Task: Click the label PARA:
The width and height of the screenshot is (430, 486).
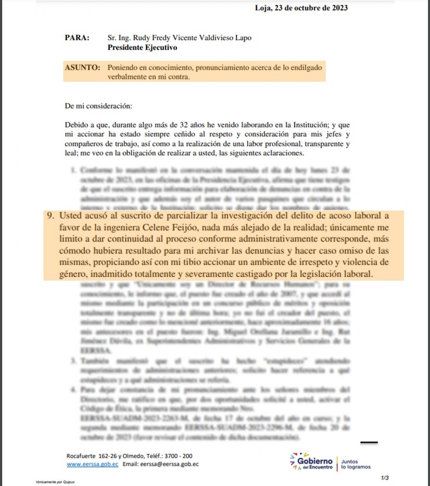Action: tap(77, 38)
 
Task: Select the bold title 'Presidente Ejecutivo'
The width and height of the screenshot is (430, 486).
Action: tap(142, 47)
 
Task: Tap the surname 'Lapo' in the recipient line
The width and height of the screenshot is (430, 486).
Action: tap(242, 38)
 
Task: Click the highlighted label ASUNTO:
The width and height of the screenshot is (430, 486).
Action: tap(82, 68)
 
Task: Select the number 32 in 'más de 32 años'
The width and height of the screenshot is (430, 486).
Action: tap(168, 125)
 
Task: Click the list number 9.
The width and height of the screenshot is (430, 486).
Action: tap(49, 215)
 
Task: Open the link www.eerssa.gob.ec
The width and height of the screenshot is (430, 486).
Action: tap(92, 464)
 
